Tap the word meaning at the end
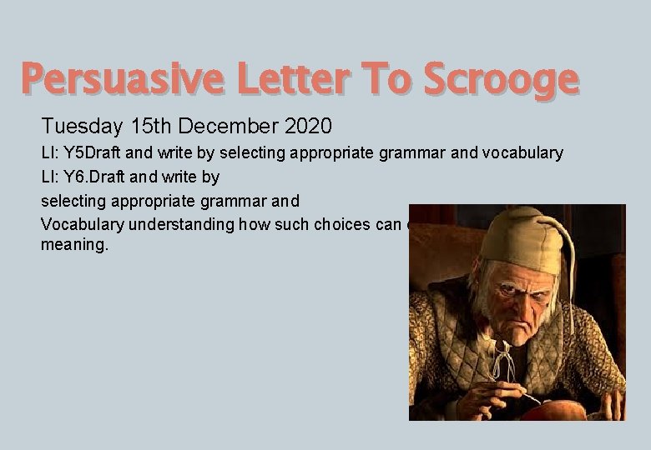click(x=75, y=247)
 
